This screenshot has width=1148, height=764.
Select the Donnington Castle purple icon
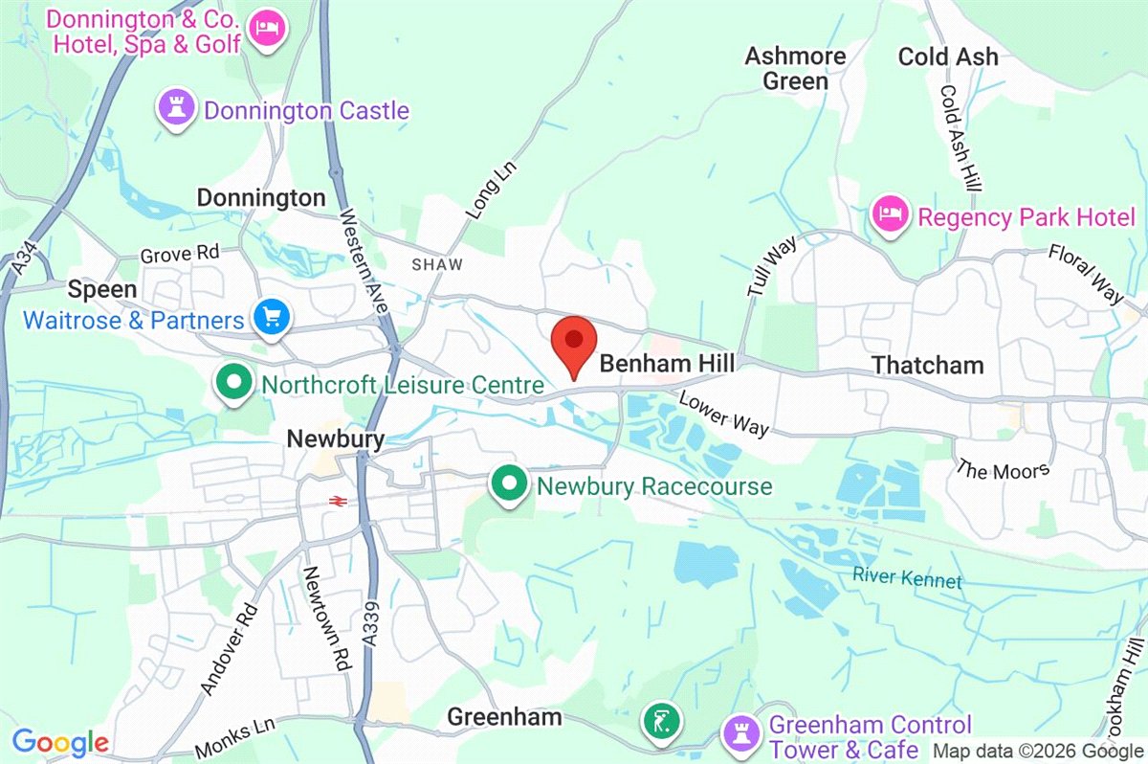coord(178,109)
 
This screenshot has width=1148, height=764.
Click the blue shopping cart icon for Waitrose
coord(272,318)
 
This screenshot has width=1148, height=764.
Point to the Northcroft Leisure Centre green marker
coord(231,385)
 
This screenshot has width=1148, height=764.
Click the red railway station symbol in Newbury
coord(337,500)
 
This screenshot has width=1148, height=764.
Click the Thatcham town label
coord(927,365)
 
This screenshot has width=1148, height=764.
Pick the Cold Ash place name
coord(947,56)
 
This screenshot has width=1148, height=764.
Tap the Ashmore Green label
coord(795,68)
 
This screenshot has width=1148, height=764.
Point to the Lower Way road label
coord(724,413)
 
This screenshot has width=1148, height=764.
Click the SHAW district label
coord(436,264)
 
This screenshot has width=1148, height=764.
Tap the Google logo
coord(59,741)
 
